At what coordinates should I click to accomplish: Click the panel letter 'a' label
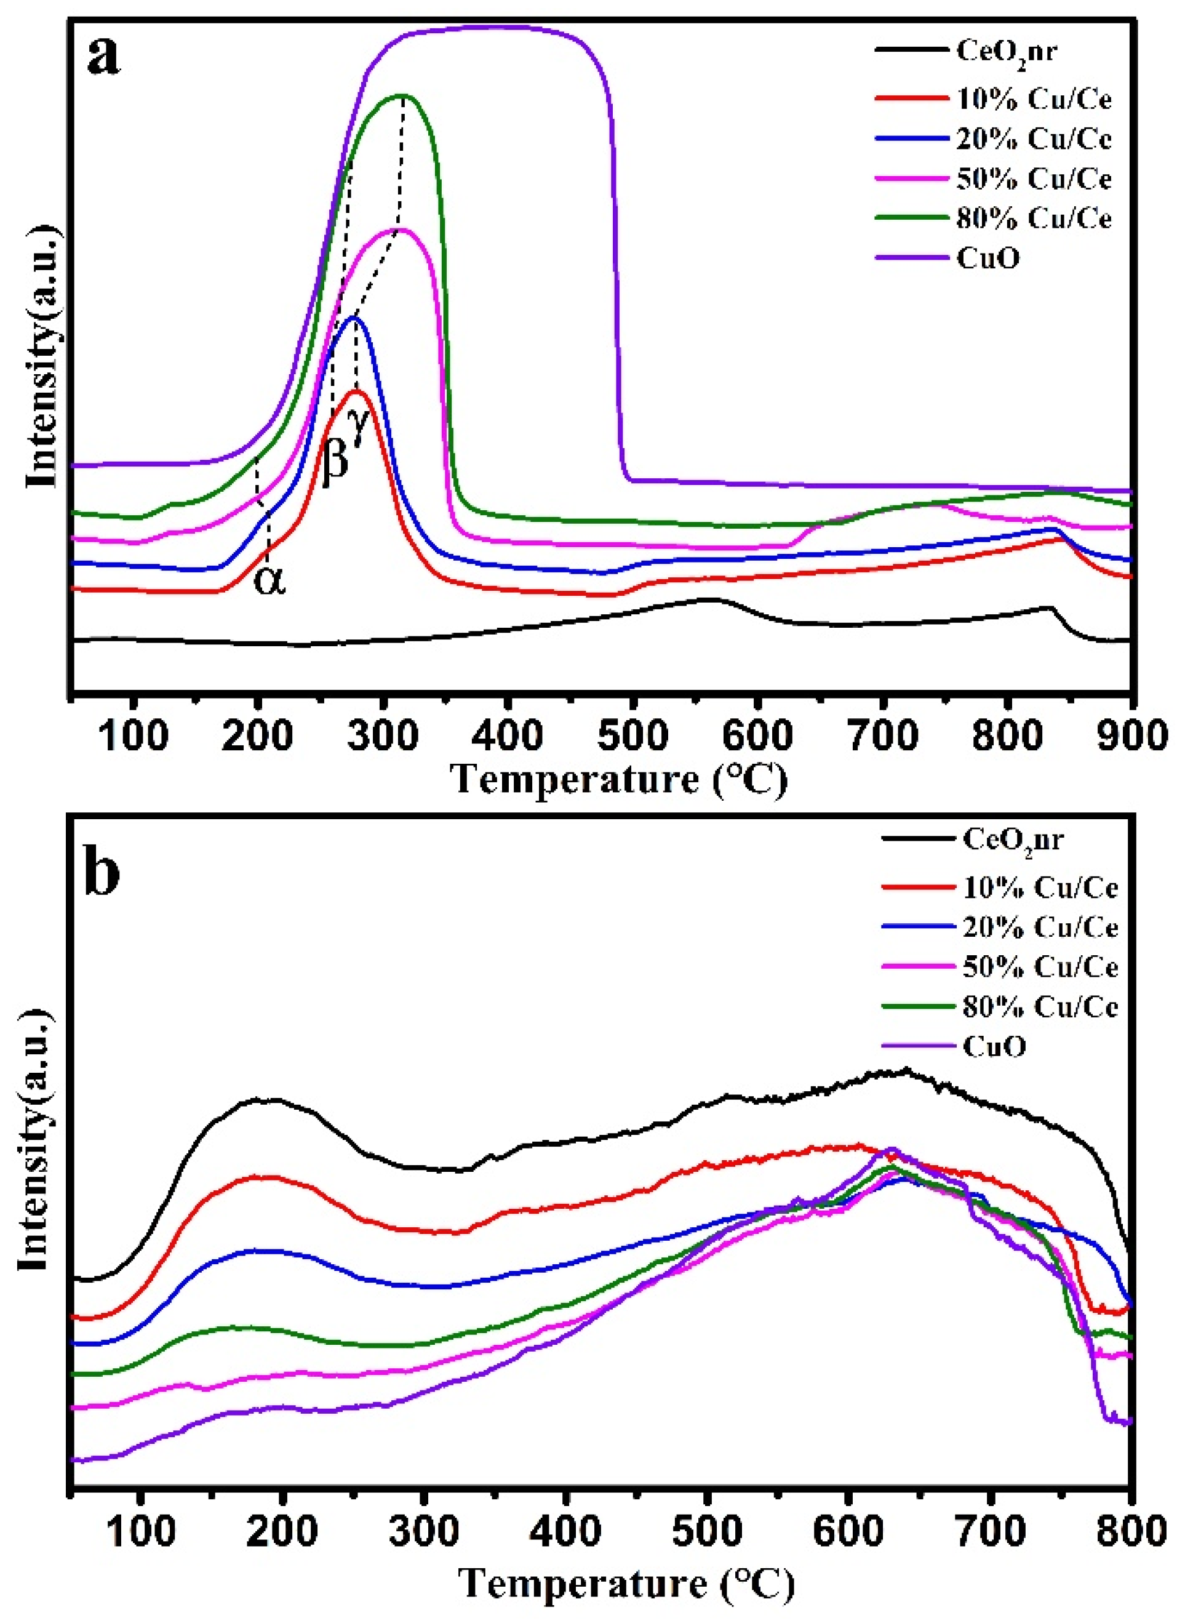(105, 57)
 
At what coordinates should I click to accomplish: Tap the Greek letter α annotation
(269, 580)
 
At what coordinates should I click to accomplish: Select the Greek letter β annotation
(335, 462)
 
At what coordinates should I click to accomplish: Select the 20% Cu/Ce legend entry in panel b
(1040, 928)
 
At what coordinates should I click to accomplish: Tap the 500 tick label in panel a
(632, 736)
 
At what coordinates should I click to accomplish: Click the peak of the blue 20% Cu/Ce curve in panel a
(354, 318)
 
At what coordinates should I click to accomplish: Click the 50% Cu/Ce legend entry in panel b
(1040, 968)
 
